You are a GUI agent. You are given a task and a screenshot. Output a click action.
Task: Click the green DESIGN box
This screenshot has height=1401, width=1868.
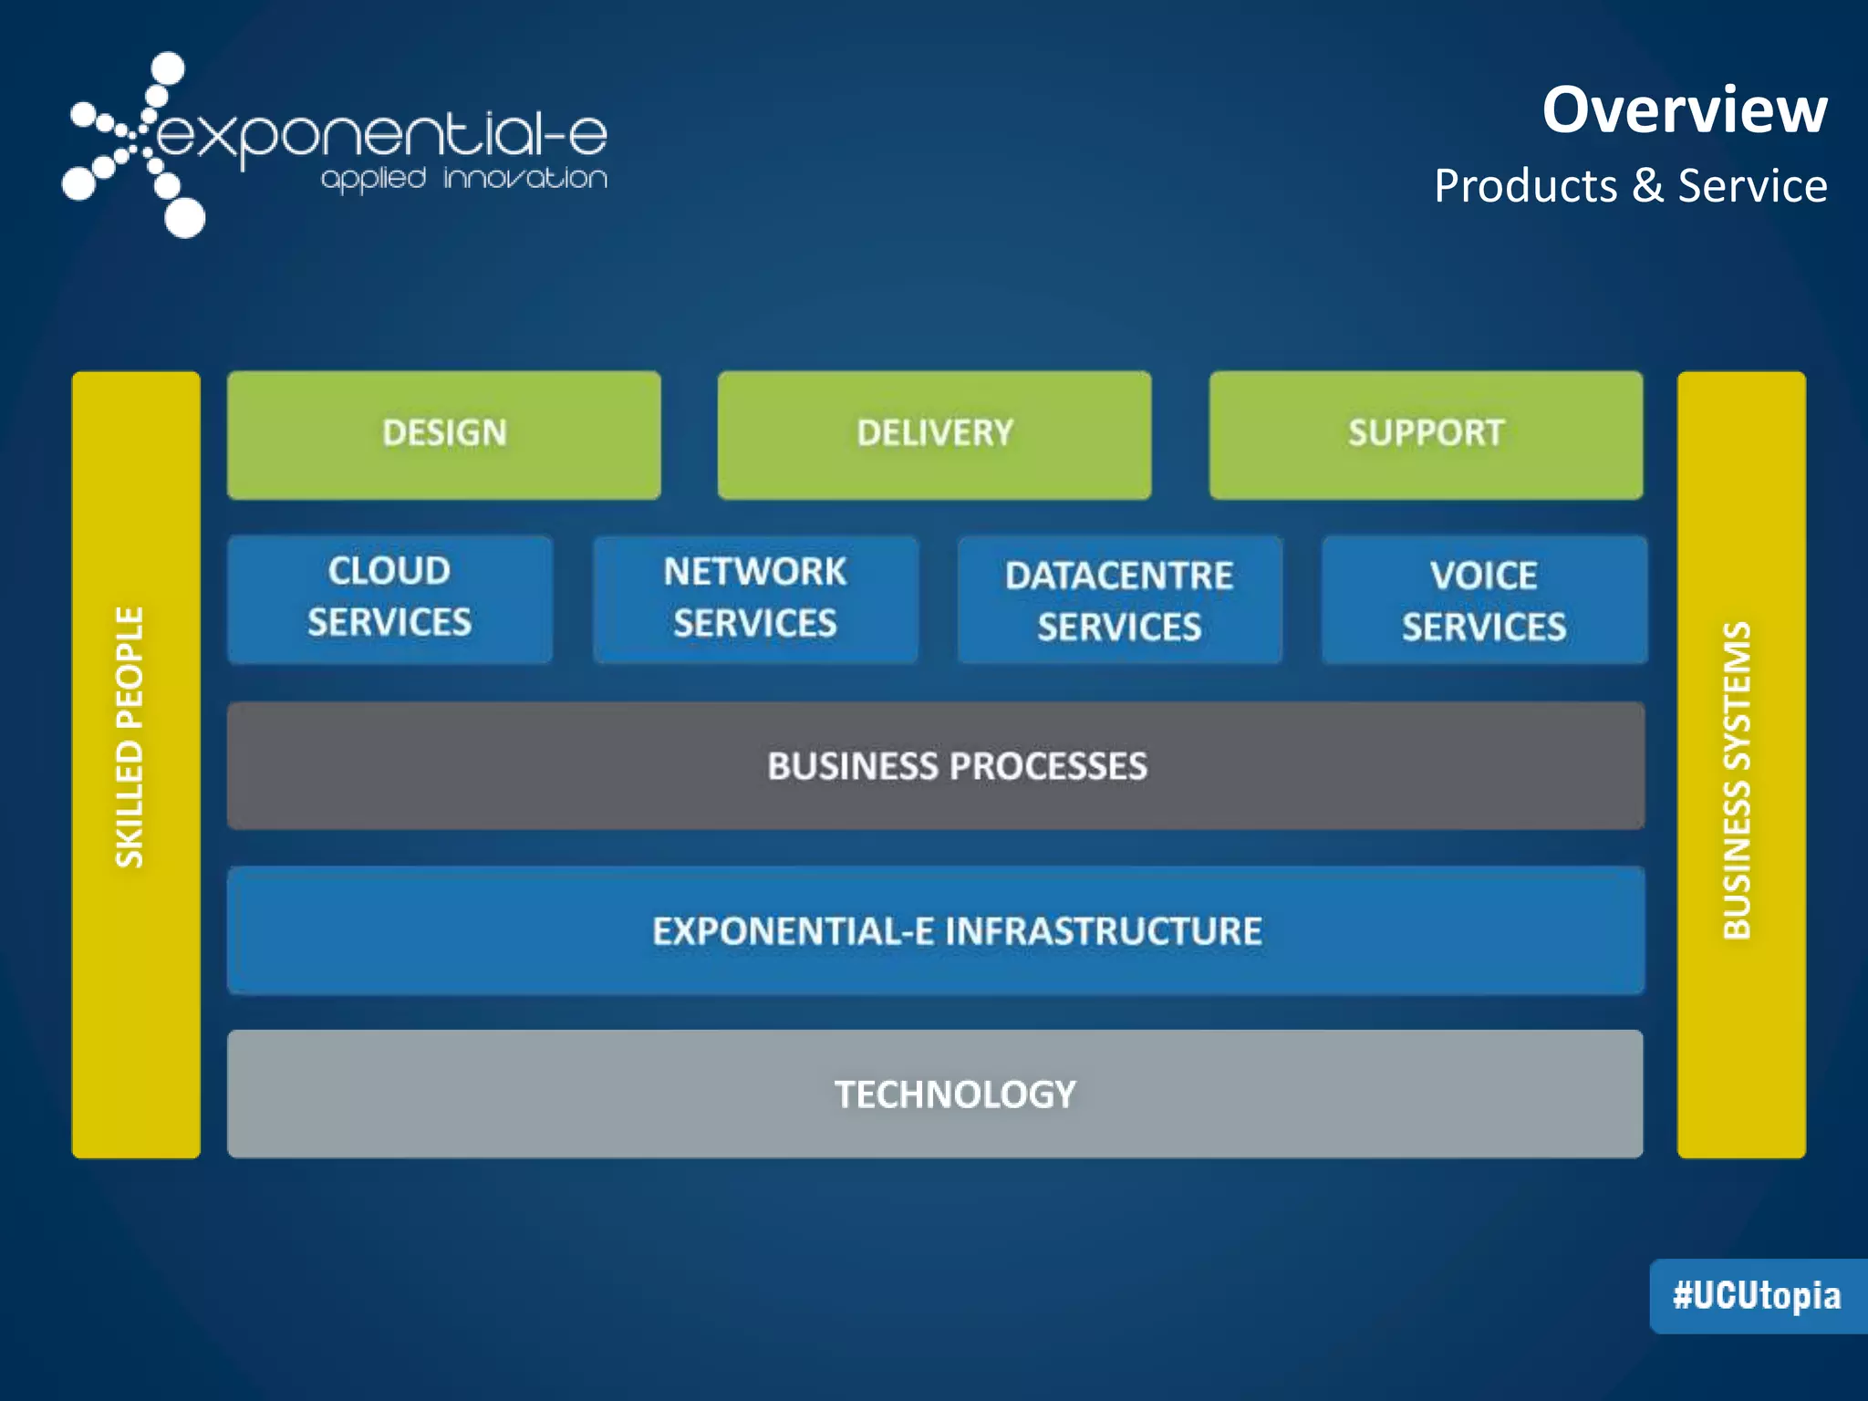tap(444, 435)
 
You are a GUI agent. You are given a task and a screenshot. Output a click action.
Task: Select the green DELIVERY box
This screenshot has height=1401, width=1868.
tap(934, 435)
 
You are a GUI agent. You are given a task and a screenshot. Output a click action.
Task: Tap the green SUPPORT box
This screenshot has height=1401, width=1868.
tap(1426, 435)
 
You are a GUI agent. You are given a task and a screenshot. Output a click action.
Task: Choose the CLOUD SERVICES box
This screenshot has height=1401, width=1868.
tap(389, 598)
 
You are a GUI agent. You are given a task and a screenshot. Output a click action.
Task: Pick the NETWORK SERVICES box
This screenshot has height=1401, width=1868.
tap(755, 598)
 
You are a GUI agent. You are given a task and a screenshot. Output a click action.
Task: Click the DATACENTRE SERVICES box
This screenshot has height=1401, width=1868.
tap(1119, 600)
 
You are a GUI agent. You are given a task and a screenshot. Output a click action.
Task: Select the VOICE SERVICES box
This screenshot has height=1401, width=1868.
tap(1484, 600)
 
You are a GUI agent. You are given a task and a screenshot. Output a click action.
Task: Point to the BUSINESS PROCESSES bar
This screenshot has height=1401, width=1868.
tap(936, 765)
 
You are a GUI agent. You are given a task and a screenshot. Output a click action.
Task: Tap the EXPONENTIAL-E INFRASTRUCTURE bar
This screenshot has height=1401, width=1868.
tap(936, 930)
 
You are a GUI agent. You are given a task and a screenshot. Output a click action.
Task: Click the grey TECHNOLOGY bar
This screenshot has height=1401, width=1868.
tap(936, 1094)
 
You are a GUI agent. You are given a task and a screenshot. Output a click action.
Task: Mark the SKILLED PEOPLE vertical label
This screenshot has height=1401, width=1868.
tap(130, 737)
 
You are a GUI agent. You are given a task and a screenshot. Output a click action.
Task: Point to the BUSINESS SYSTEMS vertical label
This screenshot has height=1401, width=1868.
tap(1738, 781)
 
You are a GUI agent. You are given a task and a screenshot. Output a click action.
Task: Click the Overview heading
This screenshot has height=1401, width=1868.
tap(1684, 110)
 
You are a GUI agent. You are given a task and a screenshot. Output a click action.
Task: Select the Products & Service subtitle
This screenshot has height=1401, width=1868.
tap(1630, 186)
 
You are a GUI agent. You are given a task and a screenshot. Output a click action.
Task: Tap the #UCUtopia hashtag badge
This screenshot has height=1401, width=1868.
tap(1757, 1296)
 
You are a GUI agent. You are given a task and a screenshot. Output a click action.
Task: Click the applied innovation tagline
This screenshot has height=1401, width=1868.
tap(464, 178)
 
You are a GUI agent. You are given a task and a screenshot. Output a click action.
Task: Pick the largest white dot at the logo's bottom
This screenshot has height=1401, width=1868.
tap(185, 219)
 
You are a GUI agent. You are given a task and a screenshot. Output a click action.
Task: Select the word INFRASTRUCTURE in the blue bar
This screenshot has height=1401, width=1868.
tap(1104, 931)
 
